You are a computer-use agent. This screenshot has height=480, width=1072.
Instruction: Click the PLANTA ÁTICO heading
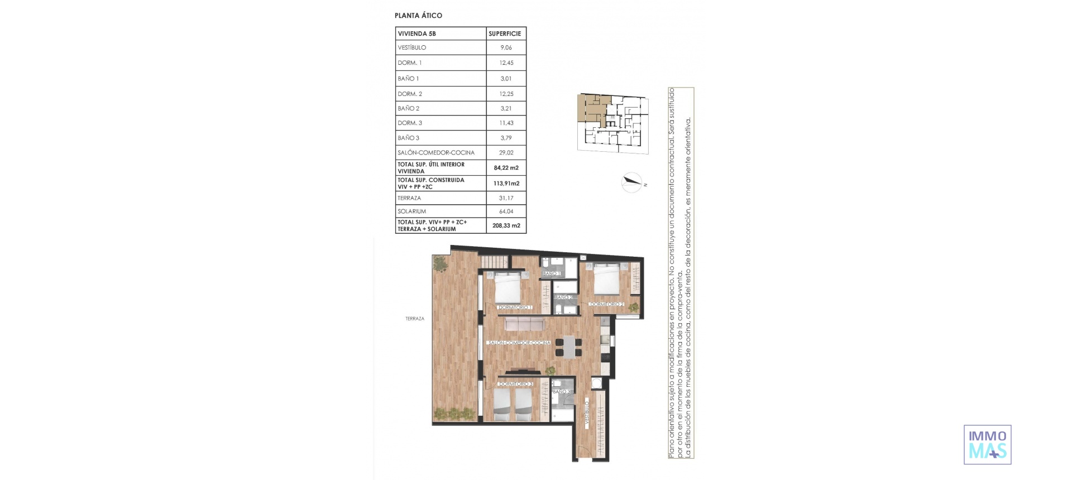pyautogui.click(x=418, y=16)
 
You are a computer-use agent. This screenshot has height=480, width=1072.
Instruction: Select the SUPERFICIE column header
pyautogui.click(x=505, y=33)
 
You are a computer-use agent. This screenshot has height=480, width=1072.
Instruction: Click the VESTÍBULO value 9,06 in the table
pyautogui.click(x=506, y=47)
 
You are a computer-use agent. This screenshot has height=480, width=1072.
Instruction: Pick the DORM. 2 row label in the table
pyautogui.click(x=410, y=94)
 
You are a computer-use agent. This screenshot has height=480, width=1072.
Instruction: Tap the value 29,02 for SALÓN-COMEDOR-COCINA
pyautogui.click(x=506, y=152)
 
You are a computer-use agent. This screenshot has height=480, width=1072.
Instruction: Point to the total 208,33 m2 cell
pyautogui.click(x=506, y=225)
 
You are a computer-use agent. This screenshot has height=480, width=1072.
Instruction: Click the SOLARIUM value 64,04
pyautogui.click(x=506, y=212)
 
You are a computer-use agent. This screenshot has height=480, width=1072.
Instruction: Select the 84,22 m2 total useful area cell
pyautogui.click(x=506, y=167)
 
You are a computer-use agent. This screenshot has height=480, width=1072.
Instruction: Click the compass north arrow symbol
pyautogui.click(x=632, y=182)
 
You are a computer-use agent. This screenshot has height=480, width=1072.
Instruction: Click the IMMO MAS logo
pyautogui.click(x=987, y=445)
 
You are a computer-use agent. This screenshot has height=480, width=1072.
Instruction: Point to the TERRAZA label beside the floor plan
pyautogui.click(x=415, y=319)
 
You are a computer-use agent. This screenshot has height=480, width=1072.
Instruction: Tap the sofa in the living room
pyautogui.click(x=524, y=324)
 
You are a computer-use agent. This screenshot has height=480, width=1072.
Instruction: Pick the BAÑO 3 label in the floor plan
pyautogui.click(x=561, y=392)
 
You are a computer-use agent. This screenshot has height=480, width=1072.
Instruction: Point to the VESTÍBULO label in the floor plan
pyautogui.click(x=587, y=414)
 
